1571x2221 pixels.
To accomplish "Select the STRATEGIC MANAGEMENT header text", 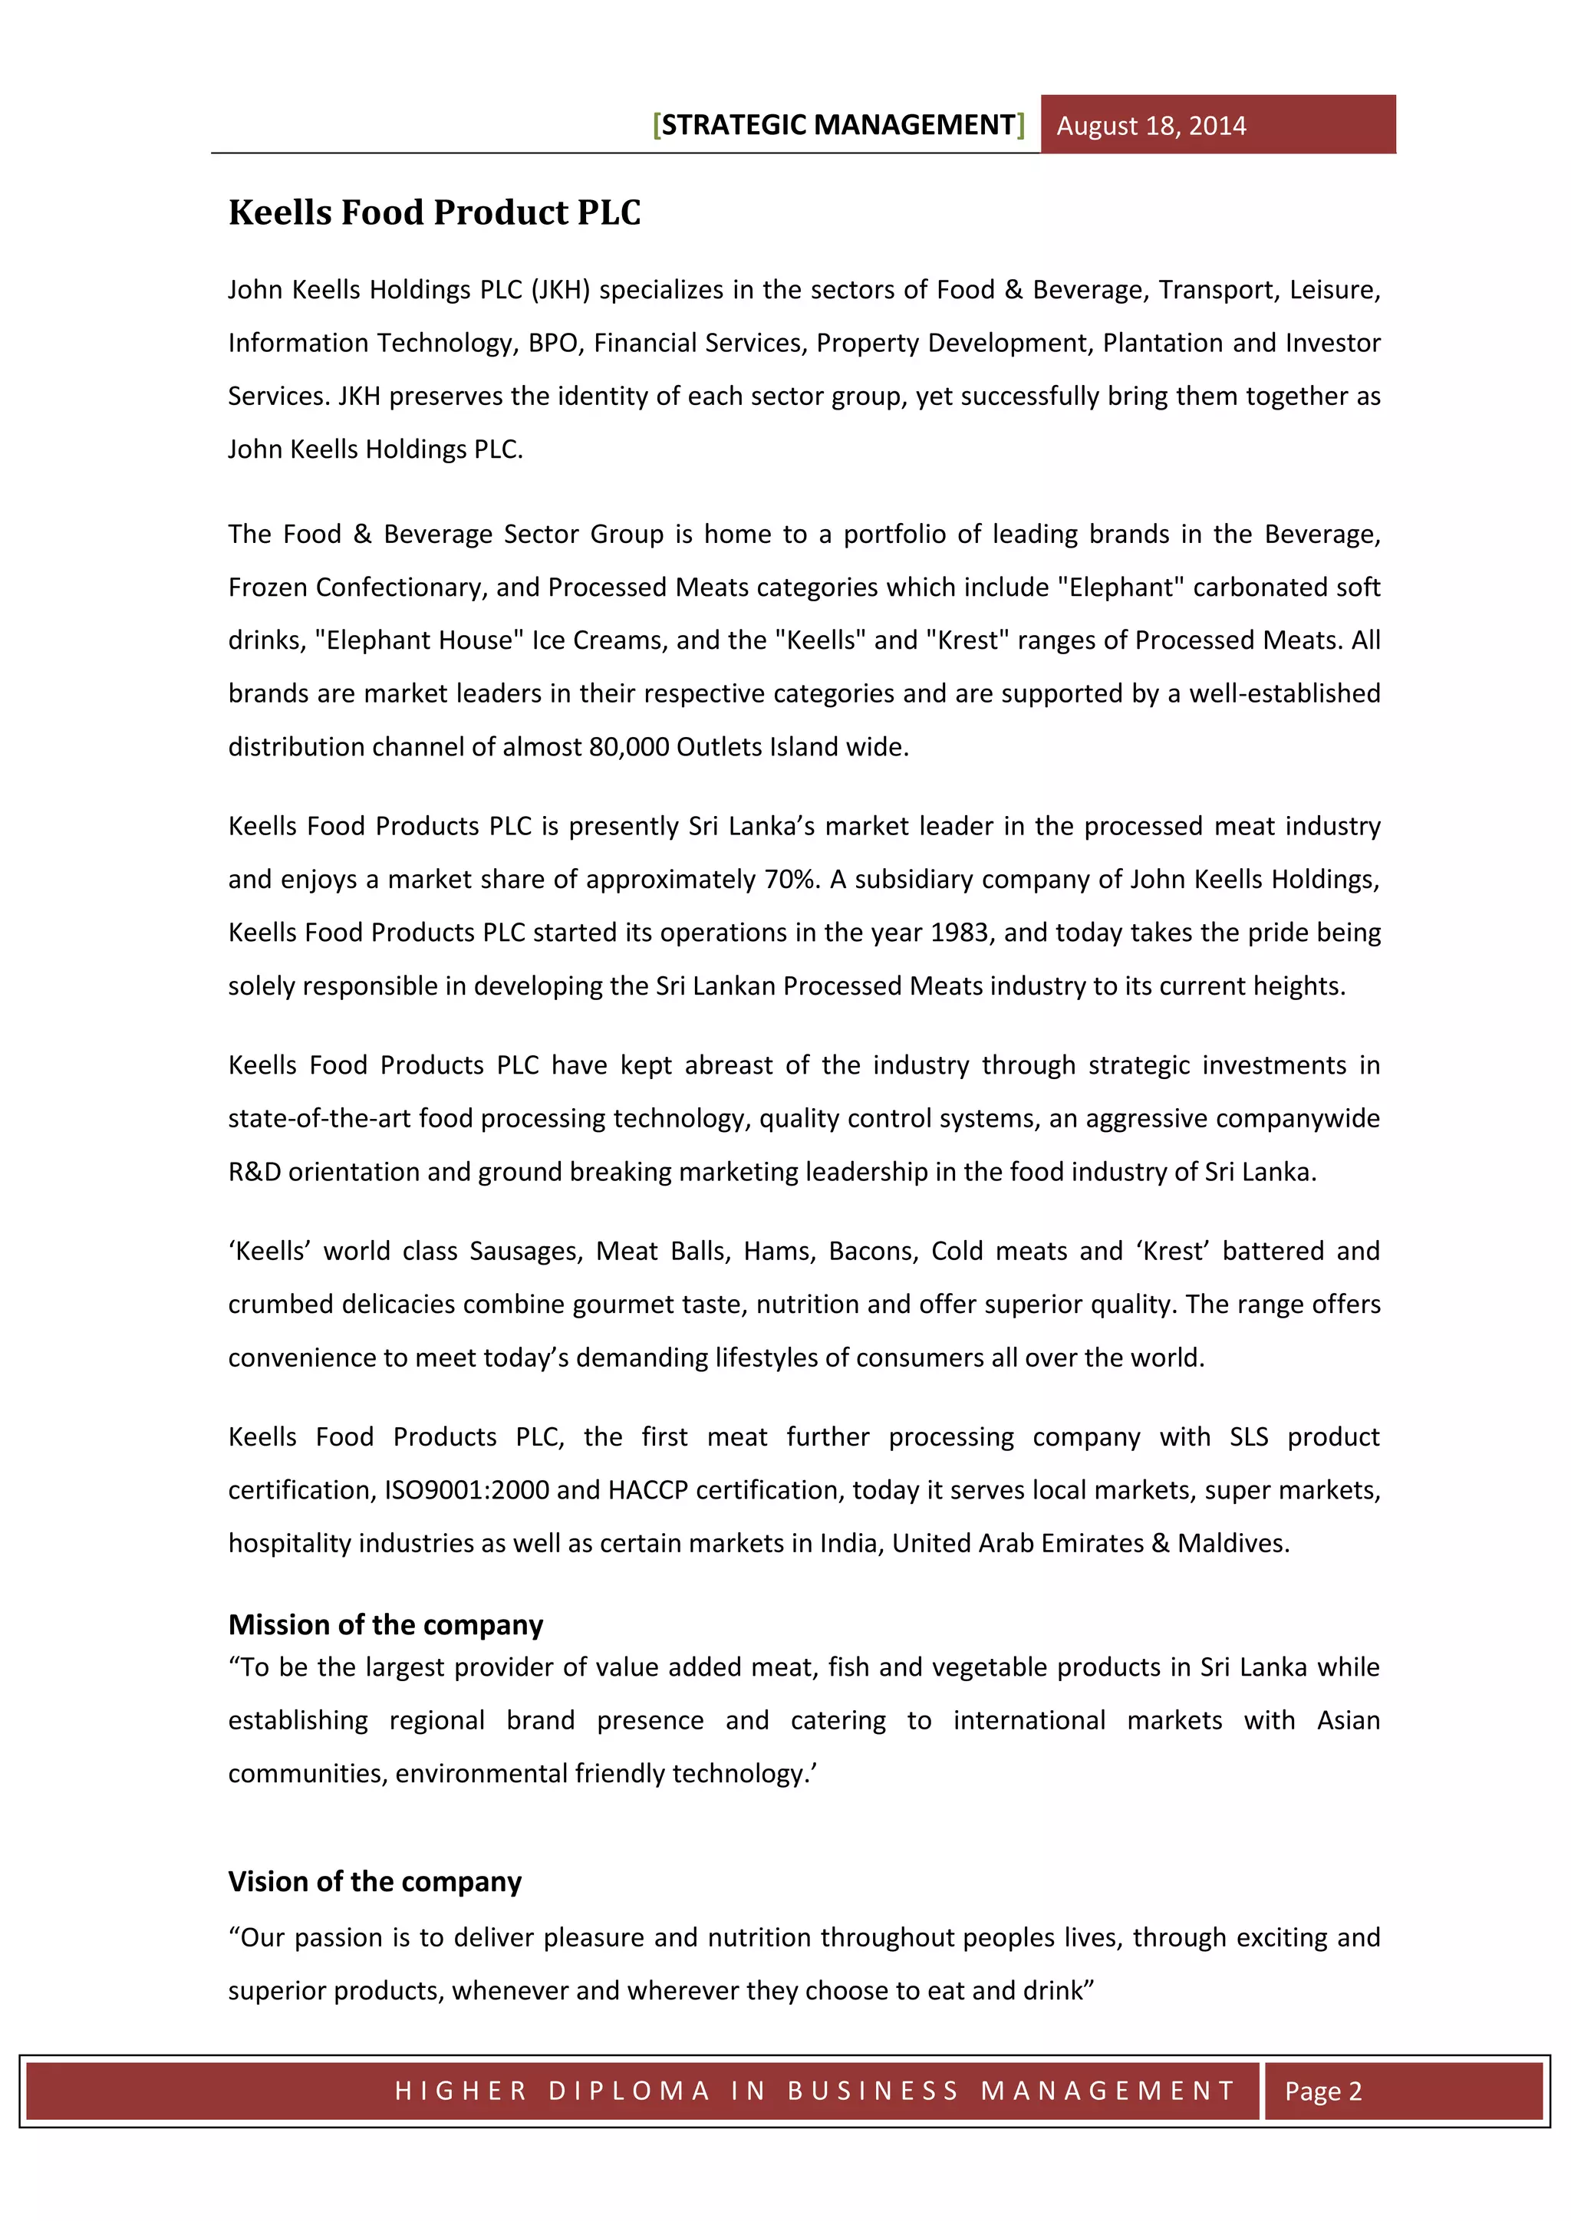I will click(x=838, y=125).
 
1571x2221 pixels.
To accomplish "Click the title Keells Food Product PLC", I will click(x=434, y=212).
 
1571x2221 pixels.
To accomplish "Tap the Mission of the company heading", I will click(x=385, y=1624).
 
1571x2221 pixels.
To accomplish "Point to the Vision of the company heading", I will click(x=374, y=1881).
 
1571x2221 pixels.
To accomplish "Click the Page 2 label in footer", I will click(x=1322, y=2091).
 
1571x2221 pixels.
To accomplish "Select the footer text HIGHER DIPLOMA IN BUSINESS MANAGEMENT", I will click(x=815, y=2091).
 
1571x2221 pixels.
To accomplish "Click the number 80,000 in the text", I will click(x=629, y=747).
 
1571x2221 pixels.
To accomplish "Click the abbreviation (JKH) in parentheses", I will click(x=560, y=290).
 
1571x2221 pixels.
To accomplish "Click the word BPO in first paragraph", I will click(x=552, y=344).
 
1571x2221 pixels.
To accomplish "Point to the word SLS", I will click(x=1248, y=1436).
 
